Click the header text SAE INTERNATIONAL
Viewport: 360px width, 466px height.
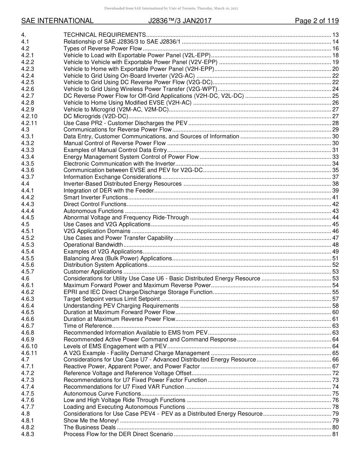point(57,21)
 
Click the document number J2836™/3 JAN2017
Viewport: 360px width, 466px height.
point(180,21)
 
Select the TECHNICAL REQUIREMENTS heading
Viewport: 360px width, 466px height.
point(105,35)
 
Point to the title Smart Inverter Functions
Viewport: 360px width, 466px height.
point(95,197)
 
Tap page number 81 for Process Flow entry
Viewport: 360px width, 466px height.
point(335,434)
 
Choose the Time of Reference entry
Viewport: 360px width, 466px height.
point(88,326)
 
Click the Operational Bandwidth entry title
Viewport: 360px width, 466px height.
point(93,245)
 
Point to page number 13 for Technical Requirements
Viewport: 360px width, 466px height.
point(335,35)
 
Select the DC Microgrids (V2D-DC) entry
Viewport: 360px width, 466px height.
point(96,116)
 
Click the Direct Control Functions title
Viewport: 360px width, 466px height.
point(95,204)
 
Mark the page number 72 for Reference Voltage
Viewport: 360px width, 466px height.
point(335,373)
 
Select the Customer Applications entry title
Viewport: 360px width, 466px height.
point(93,272)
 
